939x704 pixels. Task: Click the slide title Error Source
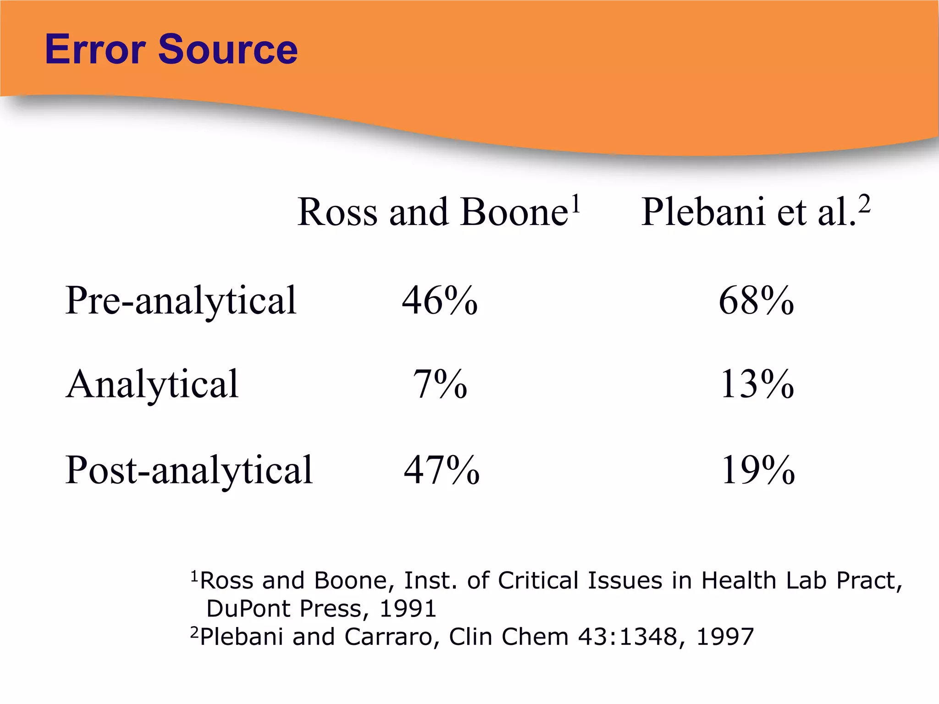tap(171, 49)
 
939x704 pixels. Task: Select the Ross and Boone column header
tap(433, 212)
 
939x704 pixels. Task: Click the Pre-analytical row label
tap(181, 300)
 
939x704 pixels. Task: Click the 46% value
tap(440, 301)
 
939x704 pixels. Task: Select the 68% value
tap(756, 301)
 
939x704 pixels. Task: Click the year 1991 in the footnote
tap(408, 609)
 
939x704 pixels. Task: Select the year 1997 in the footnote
tap(725, 637)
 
